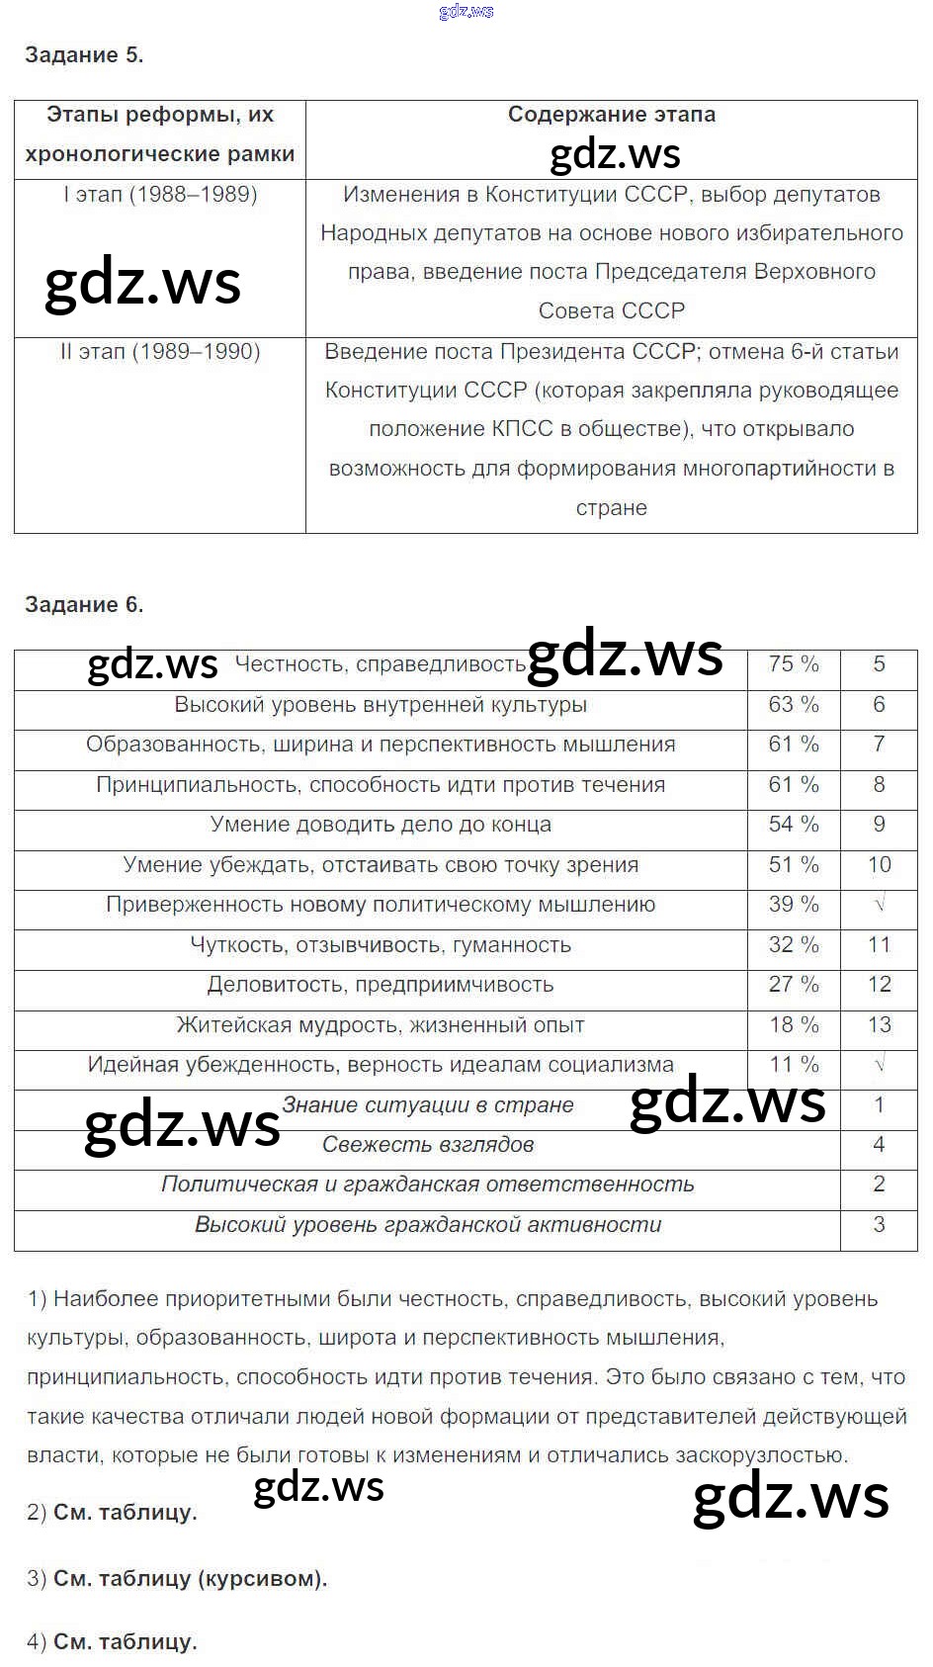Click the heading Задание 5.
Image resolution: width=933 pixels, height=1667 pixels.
[84, 55]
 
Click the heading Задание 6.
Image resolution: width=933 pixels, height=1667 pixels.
[84, 605]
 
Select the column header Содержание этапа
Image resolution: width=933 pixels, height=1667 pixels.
[611, 115]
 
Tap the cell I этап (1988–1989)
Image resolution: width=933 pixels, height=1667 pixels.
[160, 195]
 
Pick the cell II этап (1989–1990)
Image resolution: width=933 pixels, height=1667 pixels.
[160, 352]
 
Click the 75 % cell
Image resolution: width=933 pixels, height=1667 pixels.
[794, 664]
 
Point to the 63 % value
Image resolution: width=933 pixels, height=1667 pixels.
[794, 705]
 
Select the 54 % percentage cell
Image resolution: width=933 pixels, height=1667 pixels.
[794, 825]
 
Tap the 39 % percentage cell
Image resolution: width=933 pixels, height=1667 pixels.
[794, 905]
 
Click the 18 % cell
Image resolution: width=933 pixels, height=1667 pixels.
[794, 1025]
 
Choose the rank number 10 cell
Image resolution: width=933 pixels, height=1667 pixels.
[879, 865]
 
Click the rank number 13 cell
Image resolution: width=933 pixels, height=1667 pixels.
[879, 1025]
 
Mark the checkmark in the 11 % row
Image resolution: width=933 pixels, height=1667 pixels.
[879, 1065]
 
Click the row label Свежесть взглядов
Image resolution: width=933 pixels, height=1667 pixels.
[428, 1145]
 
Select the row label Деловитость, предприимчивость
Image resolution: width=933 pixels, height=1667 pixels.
[381, 985]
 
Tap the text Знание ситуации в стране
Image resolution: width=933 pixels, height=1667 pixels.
[428, 1105]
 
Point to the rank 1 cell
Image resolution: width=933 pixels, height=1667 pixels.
[879, 1105]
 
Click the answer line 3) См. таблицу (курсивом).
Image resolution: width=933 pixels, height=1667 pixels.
[177, 1579]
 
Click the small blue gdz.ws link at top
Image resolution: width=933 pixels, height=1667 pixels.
[466, 12]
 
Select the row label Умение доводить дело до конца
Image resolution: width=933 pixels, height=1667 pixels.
[381, 825]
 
